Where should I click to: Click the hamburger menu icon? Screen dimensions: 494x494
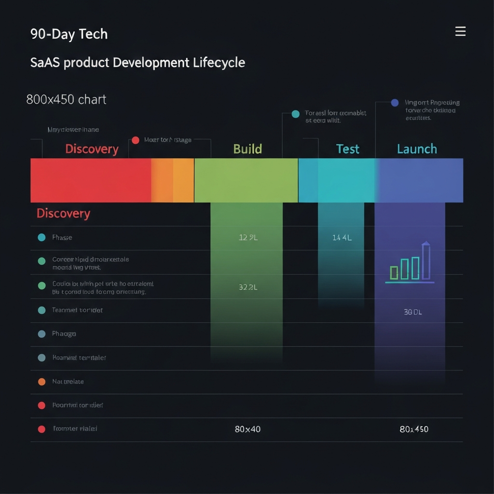pos(460,32)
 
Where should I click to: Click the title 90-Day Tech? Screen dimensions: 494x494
pos(69,34)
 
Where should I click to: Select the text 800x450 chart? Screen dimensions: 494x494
pos(66,100)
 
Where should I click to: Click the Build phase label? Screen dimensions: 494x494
pos(247,149)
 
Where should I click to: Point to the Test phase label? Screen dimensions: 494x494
pos(347,149)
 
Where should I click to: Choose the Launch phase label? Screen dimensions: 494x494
pos(417,149)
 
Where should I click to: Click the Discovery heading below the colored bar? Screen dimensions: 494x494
pos(63,213)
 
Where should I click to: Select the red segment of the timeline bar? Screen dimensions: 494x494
pos(91,180)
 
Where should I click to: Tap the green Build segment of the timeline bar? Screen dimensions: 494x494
pos(246,180)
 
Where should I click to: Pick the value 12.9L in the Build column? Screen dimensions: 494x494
pos(248,237)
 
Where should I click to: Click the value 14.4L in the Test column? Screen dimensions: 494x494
pos(342,237)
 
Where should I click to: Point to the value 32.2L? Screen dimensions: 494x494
pos(248,287)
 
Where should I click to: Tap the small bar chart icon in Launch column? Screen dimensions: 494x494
pos(410,263)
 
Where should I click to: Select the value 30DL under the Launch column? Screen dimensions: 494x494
pos(412,312)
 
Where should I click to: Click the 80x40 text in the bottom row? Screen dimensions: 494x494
pos(247,429)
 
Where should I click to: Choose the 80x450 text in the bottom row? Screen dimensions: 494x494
pos(414,429)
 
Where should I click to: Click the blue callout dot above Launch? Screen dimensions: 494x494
pos(395,102)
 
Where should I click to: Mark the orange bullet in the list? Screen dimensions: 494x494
pos(42,382)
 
